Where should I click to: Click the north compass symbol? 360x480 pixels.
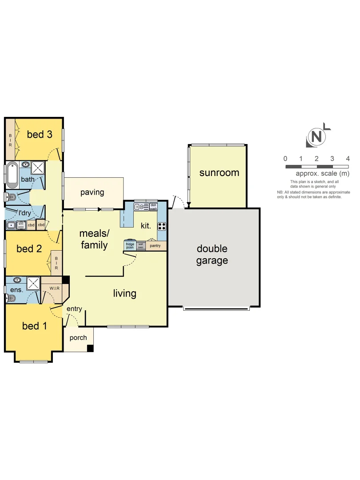316,136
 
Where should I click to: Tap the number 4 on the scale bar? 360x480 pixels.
348,159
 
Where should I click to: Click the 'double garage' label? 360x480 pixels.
212,255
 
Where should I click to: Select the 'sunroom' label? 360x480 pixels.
219,172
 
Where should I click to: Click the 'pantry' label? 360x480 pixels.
155,245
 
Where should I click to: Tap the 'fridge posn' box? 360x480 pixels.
130,245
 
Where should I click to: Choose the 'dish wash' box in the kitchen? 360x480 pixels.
153,207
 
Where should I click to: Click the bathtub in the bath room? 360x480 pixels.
12,175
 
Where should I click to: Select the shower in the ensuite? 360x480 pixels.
33,283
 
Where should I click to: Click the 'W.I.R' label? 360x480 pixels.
55,288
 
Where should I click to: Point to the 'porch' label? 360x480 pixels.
78,338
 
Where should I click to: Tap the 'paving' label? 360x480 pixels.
92,192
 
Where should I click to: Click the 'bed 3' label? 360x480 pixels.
40,134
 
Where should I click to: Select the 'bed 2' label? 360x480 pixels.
29,248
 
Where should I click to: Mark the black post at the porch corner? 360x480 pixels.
90,348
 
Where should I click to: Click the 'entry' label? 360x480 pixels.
74,308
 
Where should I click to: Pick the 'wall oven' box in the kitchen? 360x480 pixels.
141,245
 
